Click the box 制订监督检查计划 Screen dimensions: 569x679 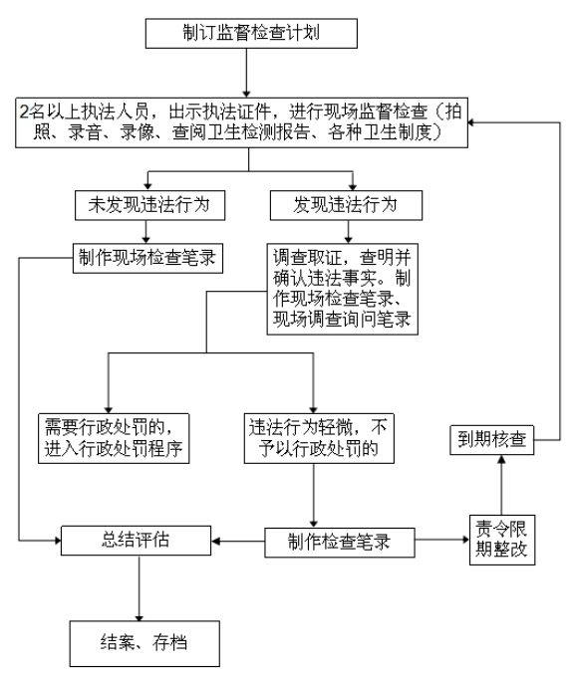[251, 33]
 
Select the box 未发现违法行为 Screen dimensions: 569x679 [149, 205]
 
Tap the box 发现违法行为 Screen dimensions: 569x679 [346, 205]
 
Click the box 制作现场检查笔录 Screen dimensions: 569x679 [147, 258]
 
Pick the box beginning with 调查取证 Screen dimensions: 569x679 [343, 289]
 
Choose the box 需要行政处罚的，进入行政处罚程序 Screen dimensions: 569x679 [114, 438]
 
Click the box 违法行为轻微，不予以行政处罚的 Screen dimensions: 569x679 [320, 438]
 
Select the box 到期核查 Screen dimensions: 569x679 [492, 440]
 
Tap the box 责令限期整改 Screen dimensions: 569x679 [502, 540]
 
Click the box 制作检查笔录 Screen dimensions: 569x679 [340, 543]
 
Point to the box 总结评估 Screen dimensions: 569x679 [137, 541]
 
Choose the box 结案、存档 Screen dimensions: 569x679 [144, 643]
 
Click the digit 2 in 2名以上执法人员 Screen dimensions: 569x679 [24, 112]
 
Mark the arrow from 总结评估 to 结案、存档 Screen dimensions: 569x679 [140, 588]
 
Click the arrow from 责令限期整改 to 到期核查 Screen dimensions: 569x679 [501, 485]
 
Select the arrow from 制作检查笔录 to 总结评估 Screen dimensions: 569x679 [238, 542]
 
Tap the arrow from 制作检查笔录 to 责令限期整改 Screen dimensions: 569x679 [442, 540]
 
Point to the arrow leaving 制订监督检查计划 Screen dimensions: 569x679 [246, 73]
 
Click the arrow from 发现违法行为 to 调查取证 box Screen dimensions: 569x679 [348, 232]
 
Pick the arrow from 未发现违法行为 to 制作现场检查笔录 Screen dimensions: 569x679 [145, 232]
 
